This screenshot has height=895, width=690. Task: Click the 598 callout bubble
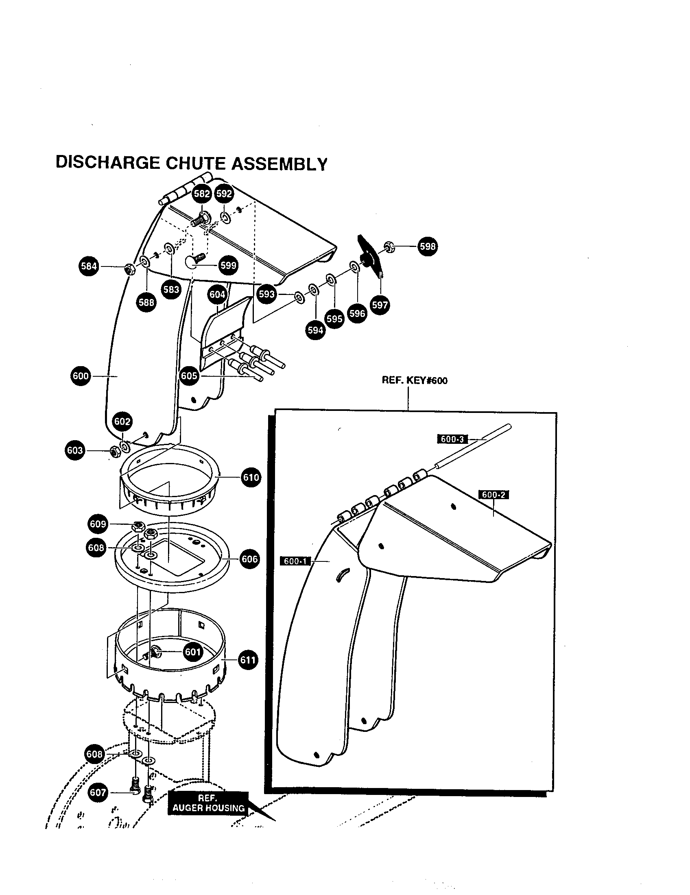tap(427, 246)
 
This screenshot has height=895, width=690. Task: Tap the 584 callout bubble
tap(89, 266)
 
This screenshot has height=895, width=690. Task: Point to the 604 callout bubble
tap(217, 294)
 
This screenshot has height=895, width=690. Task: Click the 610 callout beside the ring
tap(251, 478)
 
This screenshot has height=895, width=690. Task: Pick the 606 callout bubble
tap(249, 559)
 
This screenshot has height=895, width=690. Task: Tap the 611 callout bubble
tap(248, 660)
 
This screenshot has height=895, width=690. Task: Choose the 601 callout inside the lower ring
tap(192, 652)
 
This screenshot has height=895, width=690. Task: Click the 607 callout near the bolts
tap(98, 792)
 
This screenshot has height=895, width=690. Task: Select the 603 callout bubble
tap(75, 450)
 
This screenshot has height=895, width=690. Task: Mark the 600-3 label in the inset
tap(452, 439)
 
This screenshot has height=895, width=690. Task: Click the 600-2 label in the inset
tap(493, 495)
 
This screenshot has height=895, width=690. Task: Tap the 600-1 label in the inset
tap(295, 561)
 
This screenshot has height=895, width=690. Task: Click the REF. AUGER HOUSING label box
tap(208, 803)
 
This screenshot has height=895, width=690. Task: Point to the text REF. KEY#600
tap(414, 380)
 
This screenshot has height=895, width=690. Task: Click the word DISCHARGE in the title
tap(107, 162)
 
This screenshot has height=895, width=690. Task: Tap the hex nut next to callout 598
tap(389, 247)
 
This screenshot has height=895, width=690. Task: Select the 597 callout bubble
tap(380, 305)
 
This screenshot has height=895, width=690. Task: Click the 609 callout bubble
tap(98, 524)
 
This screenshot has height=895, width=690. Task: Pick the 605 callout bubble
tap(189, 375)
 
